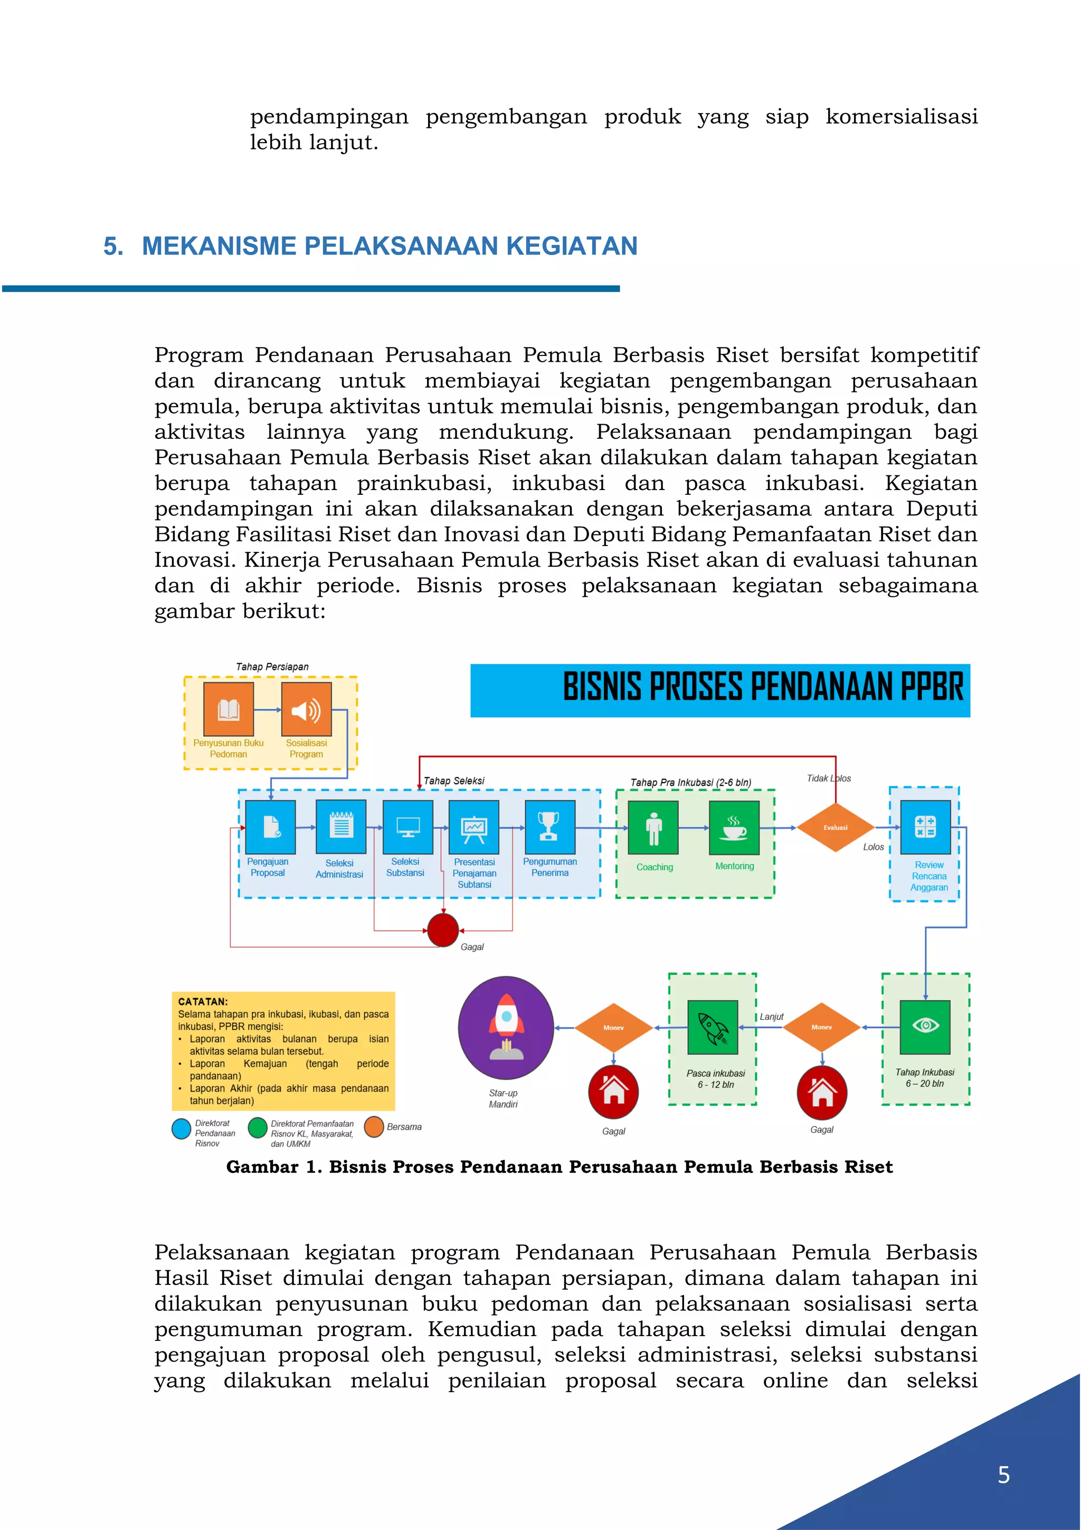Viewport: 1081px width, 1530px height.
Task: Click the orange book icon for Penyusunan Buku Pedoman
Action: tap(229, 709)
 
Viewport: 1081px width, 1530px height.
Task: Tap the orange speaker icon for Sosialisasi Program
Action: tap(306, 709)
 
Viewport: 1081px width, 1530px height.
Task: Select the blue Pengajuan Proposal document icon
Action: tap(270, 827)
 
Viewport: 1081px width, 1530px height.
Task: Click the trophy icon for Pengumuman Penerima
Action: tap(549, 827)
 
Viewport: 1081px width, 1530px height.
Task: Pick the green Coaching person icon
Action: tap(653, 828)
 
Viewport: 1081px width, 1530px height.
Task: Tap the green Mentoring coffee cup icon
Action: tap(734, 828)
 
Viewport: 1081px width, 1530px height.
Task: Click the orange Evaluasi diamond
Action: tap(835, 828)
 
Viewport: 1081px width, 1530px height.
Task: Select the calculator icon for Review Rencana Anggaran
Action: tap(925, 827)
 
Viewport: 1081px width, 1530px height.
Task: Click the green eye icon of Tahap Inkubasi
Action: tap(925, 1026)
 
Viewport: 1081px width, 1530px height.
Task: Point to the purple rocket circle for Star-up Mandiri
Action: tap(506, 1028)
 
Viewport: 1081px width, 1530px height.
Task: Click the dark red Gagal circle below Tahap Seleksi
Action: tap(443, 930)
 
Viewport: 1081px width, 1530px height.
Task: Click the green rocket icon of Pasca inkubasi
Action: tap(713, 1027)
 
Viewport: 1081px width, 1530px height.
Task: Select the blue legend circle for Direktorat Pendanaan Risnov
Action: tap(181, 1129)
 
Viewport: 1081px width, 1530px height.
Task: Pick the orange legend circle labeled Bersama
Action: tap(374, 1126)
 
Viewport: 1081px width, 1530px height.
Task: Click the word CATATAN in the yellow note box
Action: tap(203, 1001)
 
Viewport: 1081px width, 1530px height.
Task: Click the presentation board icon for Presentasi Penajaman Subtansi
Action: tap(474, 827)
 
